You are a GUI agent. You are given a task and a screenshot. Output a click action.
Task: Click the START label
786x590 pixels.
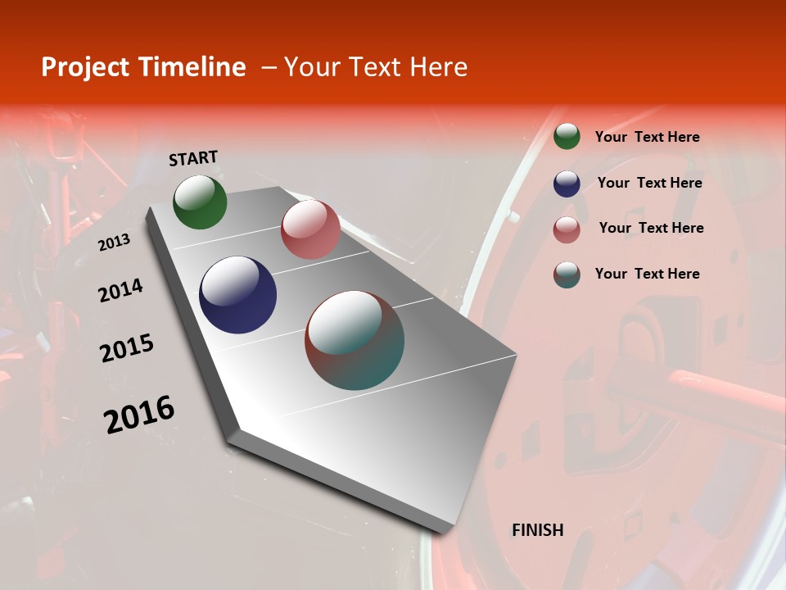coord(193,158)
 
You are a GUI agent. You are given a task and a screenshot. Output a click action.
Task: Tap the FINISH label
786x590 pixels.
coord(538,530)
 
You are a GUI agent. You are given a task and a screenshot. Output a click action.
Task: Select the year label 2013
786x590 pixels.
coord(115,243)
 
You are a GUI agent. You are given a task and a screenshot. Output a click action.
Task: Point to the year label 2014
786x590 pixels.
coord(120,290)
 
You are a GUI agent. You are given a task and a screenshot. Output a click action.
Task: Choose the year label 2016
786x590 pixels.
coord(139,415)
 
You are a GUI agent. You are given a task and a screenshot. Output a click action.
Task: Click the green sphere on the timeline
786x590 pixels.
coord(200,202)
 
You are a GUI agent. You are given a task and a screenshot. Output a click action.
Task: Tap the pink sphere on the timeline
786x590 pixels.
coord(310,229)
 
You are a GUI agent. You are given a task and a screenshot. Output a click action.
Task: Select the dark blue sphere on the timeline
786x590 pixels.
coord(238,295)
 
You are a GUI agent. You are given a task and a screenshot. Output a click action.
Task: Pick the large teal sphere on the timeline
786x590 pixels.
coord(355,340)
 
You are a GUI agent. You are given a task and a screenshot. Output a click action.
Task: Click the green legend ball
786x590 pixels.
coord(567,137)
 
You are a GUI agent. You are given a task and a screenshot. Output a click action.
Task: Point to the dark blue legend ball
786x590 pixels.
coord(567,184)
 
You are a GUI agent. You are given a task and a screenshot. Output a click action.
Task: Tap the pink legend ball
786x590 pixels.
coord(567,229)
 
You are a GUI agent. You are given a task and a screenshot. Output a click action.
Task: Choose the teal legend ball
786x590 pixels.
coord(567,275)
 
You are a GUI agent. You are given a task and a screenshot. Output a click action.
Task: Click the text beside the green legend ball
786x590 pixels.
coord(647,137)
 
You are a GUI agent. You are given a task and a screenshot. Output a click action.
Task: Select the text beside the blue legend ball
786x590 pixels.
coord(649,183)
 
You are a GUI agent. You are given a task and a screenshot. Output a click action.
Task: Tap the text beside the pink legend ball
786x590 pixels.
coord(651,228)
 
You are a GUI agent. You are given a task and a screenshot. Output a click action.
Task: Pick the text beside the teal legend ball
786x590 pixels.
coord(647,274)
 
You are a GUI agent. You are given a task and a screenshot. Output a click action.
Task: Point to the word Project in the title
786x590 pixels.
coord(86,67)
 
